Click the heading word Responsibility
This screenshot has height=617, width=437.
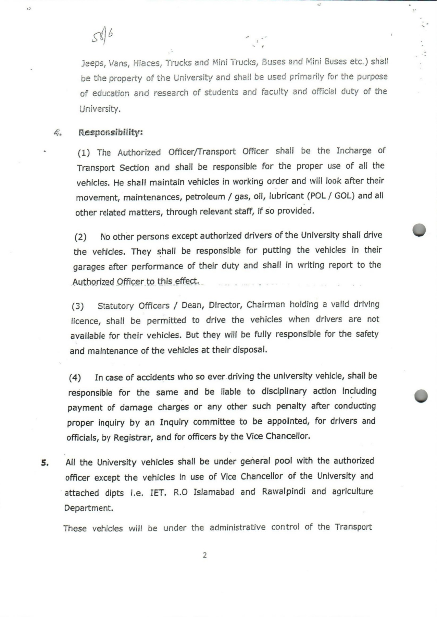111,132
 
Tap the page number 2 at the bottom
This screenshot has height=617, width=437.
205,555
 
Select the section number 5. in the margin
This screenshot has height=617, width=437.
45,463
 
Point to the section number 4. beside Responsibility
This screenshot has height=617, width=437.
58,132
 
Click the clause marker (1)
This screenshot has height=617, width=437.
84,153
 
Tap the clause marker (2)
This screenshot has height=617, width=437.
80,237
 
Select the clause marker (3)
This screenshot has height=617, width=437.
78,306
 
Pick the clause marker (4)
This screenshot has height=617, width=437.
75,378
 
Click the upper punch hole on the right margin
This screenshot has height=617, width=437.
419,230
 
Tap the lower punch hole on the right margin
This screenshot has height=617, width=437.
421,396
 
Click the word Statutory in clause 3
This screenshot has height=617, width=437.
114,306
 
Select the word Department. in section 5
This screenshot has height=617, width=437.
89,508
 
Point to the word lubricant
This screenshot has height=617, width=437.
286,196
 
